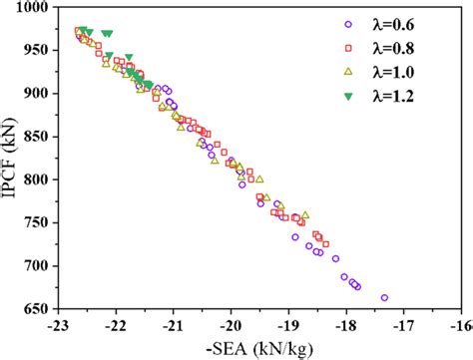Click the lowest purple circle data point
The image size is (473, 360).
(385, 297)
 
